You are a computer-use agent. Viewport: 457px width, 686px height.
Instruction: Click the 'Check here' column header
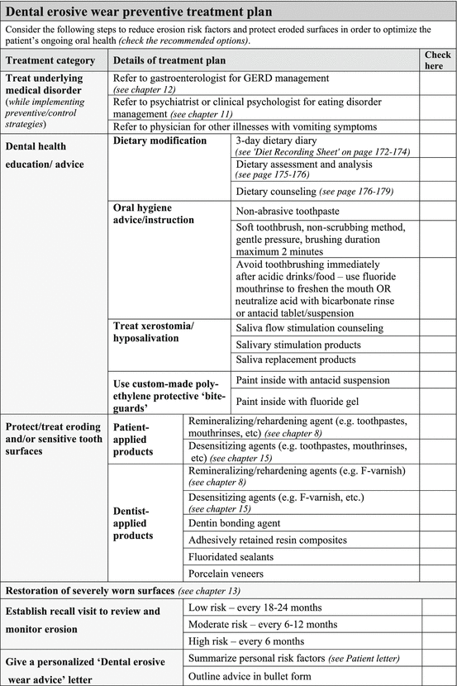click(x=438, y=60)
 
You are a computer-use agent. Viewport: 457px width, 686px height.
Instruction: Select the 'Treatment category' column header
click(x=55, y=60)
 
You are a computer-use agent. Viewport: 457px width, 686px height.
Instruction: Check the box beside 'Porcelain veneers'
click(x=438, y=574)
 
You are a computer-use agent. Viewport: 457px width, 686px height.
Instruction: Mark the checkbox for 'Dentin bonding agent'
click(x=438, y=523)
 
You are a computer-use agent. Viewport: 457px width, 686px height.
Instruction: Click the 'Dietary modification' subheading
click(x=160, y=141)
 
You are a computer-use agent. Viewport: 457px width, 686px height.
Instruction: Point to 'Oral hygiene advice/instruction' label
click(x=153, y=213)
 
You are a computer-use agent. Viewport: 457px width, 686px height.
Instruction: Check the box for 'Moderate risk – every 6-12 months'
click(x=438, y=624)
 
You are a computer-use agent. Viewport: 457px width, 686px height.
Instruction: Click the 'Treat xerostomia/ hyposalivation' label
click(x=155, y=332)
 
